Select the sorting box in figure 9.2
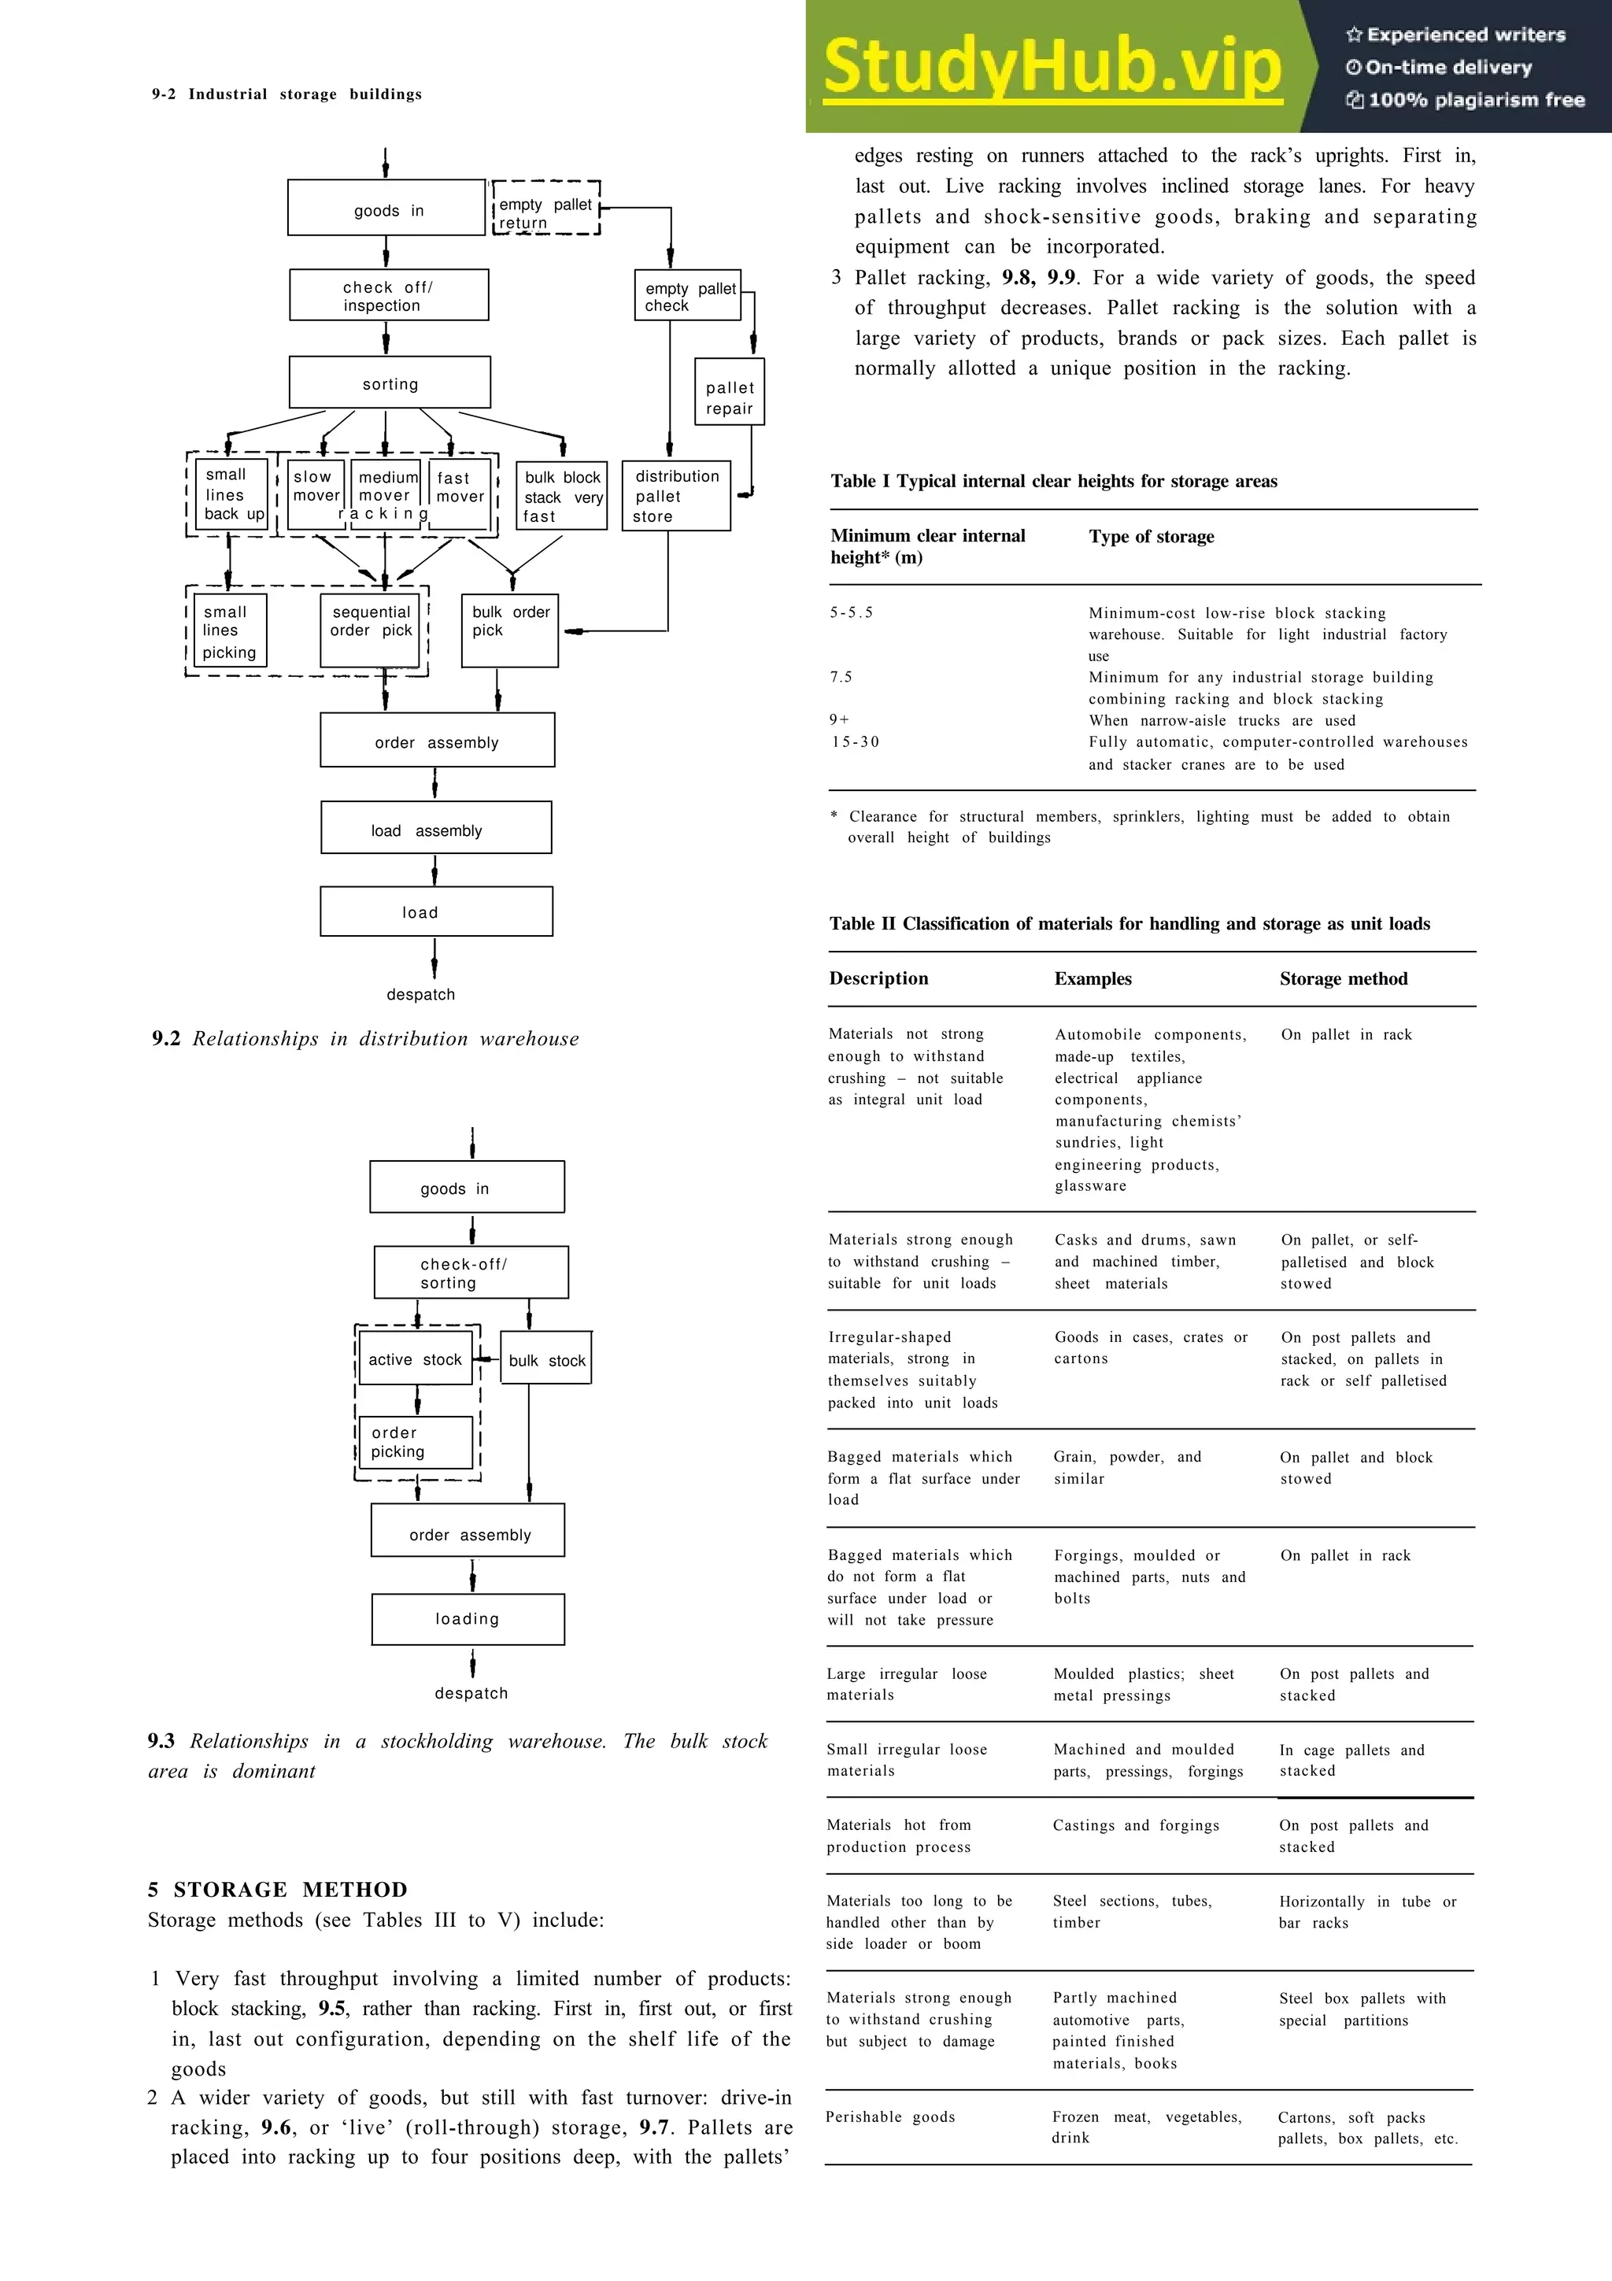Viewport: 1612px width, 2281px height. click(x=390, y=383)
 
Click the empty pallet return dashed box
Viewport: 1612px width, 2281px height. click(x=546, y=209)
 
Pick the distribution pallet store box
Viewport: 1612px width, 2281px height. click(x=675, y=496)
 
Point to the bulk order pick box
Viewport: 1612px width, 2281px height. click(x=509, y=630)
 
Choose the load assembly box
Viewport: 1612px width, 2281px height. click(x=436, y=827)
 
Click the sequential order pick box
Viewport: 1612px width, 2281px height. click(x=371, y=630)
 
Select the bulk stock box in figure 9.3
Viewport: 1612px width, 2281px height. click(x=546, y=1359)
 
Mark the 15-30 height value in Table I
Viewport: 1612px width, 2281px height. click(x=855, y=742)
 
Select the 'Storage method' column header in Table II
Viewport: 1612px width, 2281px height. click(x=1343, y=978)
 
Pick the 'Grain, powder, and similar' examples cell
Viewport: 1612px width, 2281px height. click(x=1126, y=1467)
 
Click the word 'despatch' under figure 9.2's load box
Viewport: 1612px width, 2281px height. click(x=420, y=994)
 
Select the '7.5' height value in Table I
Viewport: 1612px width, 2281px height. click(x=841, y=678)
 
